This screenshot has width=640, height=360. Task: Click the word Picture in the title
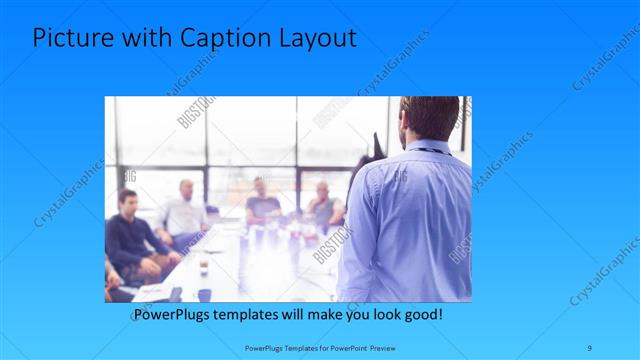tap(71, 39)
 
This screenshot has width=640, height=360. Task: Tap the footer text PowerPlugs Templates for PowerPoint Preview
tap(319, 347)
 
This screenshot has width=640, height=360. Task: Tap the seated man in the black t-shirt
tap(262, 205)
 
